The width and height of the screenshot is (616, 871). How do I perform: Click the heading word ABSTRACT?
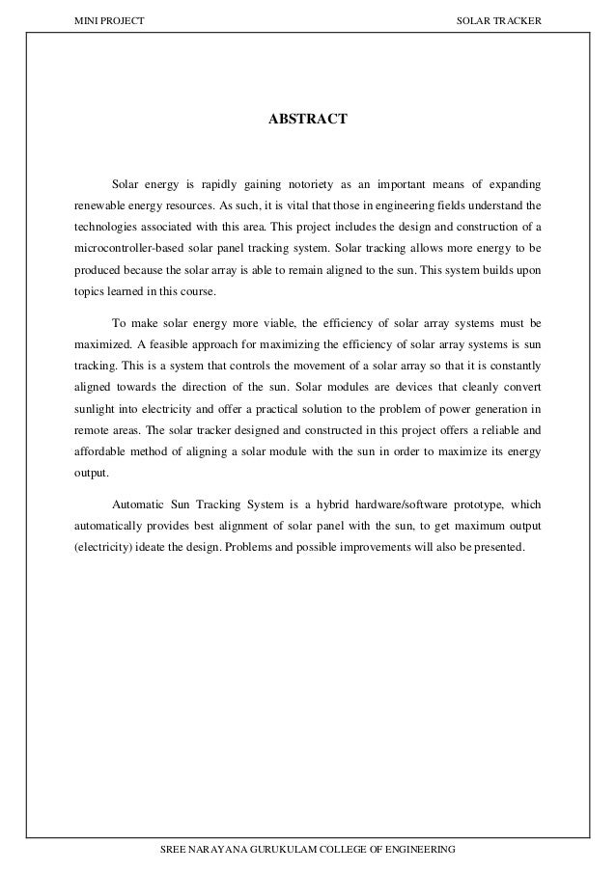click(307, 122)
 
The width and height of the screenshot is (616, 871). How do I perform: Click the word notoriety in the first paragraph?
click(300, 182)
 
